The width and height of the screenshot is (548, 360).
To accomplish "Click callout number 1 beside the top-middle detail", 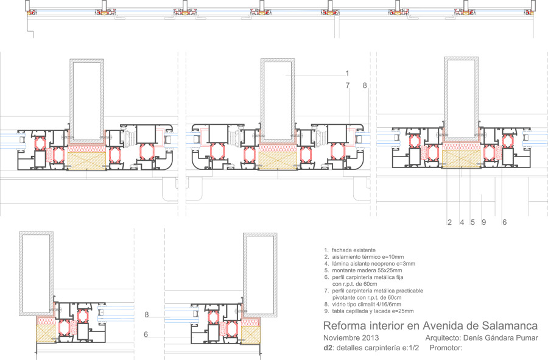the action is click(x=347, y=73).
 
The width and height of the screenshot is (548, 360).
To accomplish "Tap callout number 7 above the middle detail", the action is click(x=348, y=85).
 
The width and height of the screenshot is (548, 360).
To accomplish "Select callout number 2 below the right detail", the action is click(x=449, y=222).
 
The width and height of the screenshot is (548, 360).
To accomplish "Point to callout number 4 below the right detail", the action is click(x=462, y=222).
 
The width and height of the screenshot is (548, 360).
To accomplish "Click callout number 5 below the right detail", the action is click(x=472, y=222).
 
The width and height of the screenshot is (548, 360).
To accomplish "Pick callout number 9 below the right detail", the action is click(x=483, y=222).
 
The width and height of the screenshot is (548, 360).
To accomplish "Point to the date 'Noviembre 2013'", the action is click(x=351, y=338).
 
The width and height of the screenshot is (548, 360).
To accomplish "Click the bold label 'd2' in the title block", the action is click(x=328, y=348).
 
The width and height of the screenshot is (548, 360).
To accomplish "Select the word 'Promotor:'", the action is click(x=446, y=348).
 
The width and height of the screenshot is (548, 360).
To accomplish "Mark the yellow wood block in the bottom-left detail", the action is click(x=46, y=333).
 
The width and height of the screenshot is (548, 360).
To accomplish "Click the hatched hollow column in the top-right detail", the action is click(x=461, y=99).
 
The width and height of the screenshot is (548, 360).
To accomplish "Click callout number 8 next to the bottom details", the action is click(x=146, y=315).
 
